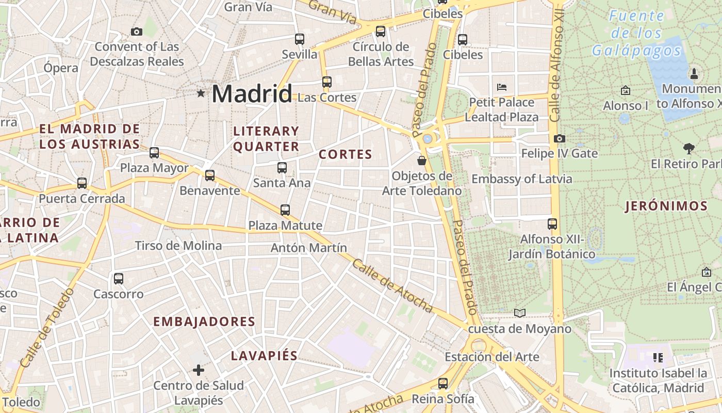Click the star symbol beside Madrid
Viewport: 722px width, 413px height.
(201, 93)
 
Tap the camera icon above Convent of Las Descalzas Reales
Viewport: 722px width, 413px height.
(137, 31)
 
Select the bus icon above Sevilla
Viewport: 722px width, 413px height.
(299, 39)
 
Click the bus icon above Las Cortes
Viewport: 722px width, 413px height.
(326, 82)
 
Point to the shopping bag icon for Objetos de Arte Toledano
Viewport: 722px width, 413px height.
(422, 161)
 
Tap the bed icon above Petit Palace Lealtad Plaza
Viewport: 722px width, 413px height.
(501, 87)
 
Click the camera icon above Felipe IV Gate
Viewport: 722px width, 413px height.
(559, 138)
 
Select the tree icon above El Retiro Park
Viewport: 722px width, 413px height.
(688, 149)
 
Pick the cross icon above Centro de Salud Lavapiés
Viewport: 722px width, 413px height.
(199, 370)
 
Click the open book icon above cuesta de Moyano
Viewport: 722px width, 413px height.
(520, 313)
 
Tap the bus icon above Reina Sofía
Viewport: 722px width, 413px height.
(442, 383)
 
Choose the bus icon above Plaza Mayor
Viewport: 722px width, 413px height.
(154, 152)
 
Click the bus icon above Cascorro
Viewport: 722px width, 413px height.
(119, 279)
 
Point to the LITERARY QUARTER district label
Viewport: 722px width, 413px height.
(266, 139)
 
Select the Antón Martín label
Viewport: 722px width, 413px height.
(309, 248)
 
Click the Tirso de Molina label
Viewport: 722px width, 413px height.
(178, 245)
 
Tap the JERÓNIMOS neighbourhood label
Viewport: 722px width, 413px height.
(666, 206)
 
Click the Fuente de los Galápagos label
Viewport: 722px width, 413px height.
(636, 33)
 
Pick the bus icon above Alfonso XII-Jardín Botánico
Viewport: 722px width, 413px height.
(552, 224)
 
